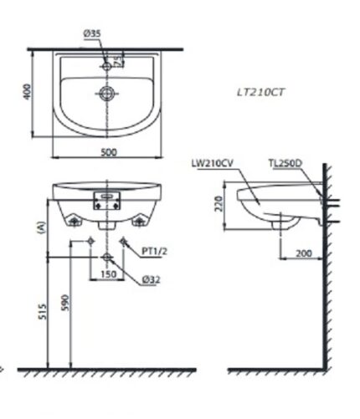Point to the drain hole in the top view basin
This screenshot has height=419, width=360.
pyautogui.click(x=105, y=94)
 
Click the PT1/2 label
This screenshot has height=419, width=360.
pyautogui.click(x=154, y=250)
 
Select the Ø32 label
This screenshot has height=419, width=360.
pyautogui.click(x=152, y=279)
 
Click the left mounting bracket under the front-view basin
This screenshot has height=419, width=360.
pyautogui.click(x=75, y=220)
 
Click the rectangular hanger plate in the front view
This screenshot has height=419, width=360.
pyautogui.click(x=105, y=198)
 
